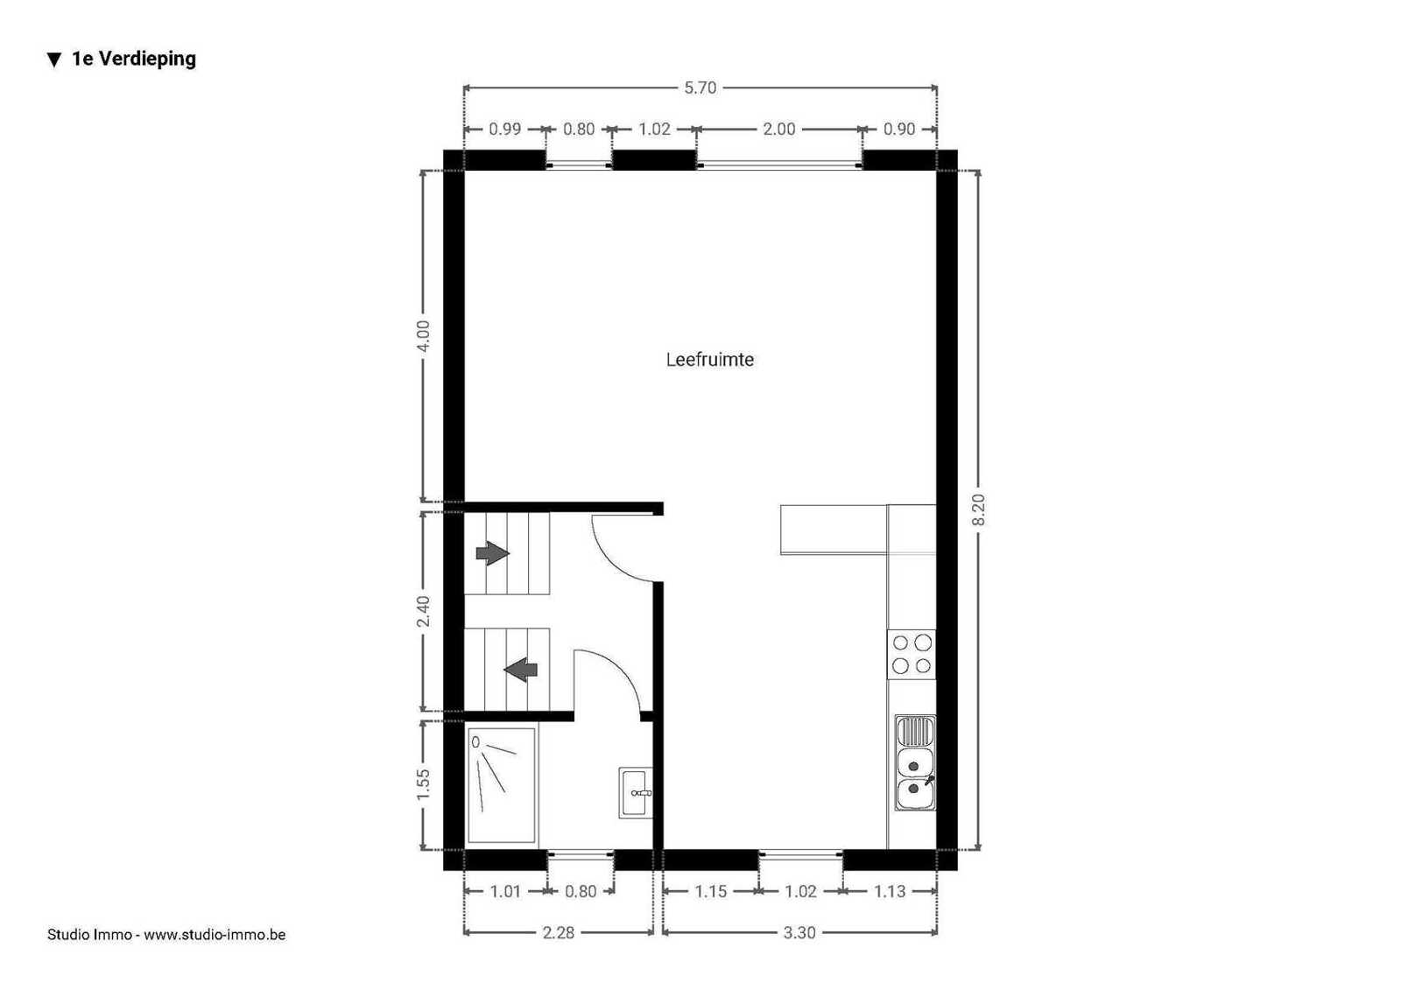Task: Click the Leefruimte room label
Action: tap(709, 360)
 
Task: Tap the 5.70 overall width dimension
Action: tap(700, 88)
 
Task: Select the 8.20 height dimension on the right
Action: tap(979, 509)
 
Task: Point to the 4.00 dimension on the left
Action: tap(424, 336)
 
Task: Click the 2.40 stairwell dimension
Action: tap(424, 611)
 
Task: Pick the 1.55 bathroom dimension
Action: tap(424, 784)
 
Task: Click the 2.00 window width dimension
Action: tap(778, 130)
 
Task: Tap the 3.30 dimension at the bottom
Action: tap(799, 933)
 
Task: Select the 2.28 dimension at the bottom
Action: tap(558, 933)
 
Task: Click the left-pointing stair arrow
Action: tap(520, 671)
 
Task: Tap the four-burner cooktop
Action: tap(912, 654)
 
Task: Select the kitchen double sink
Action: tap(915, 763)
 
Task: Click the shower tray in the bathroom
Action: tap(502, 785)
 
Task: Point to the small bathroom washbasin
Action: tap(636, 793)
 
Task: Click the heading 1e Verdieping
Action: tap(133, 59)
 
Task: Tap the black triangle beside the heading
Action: tap(54, 60)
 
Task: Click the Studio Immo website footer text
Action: tap(166, 934)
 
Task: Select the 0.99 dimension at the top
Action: tap(504, 130)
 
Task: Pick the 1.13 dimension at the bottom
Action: tap(890, 891)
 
